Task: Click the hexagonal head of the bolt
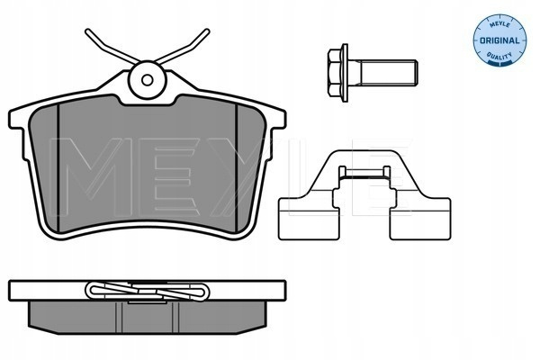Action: [x=334, y=73]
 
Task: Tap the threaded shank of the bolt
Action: [x=386, y=72]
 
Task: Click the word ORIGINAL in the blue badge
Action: [x=499, y=40]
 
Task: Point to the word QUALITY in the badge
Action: [x=499, y=56]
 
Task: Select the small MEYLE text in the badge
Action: [x=499, y=25]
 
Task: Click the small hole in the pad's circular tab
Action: [x=147, y=80]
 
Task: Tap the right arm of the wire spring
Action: [x=182, y=47]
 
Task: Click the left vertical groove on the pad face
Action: [x=58, y=167]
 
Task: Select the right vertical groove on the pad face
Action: [x=236, y=167]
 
